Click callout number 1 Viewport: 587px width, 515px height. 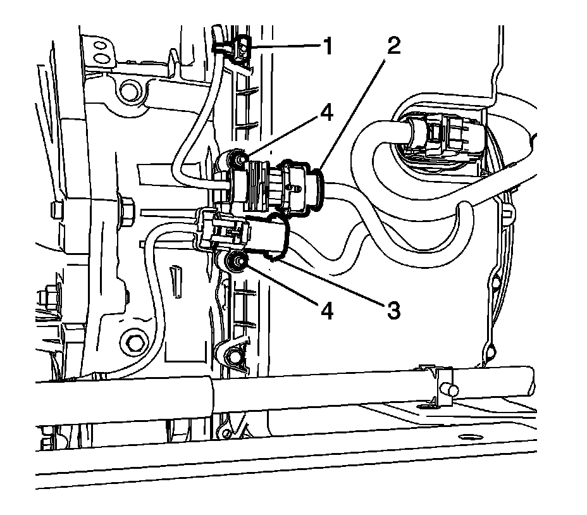328,46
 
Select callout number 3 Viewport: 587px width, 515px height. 393,309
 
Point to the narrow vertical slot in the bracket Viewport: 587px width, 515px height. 174,278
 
